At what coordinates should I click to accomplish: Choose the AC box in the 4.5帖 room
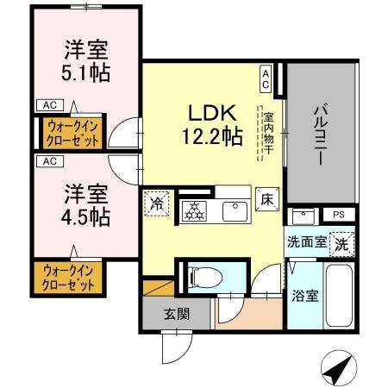(x=48, y=161)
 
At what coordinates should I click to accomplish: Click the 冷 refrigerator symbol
(x=156, y=203)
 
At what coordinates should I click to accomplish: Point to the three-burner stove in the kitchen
(x=194, y=210)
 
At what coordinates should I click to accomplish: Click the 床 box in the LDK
(x=267, y=197)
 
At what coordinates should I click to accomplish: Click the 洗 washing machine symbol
(x=343, y=242)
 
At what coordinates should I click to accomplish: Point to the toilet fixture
(x=203, y=276)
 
